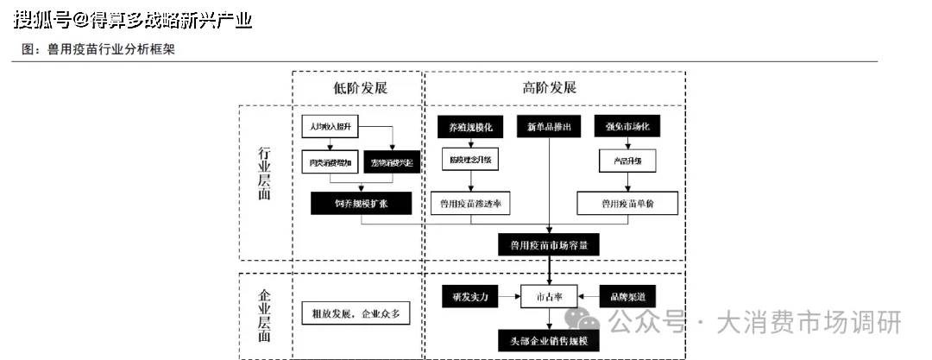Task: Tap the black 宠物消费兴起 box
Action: coord(392,161)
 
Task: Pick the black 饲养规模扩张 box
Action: coord(362,203)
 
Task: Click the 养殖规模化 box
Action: coord(470,127)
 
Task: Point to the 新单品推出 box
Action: coord(549,127)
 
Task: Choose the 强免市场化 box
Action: coord(627,127)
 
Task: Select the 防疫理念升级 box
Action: coord(470,160)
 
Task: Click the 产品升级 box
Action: coord(627,160)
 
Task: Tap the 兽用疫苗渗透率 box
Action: coord(470,203)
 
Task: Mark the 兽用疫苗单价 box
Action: coord(627,203)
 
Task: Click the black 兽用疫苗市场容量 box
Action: coord(549,244)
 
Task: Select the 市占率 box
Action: coord(549,296)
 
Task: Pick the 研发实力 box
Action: coord(470,296)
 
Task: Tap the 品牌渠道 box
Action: coord(627,296)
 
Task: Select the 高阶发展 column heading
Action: coord(549,88)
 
